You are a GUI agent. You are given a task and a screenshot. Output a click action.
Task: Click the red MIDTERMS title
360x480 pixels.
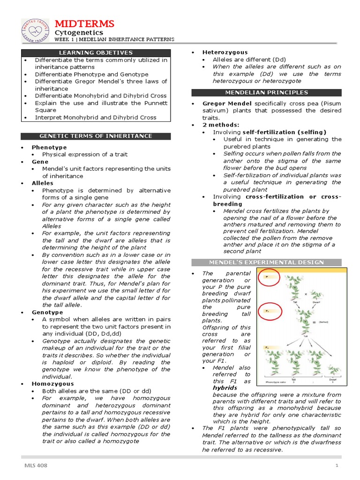click(x=84, y=23)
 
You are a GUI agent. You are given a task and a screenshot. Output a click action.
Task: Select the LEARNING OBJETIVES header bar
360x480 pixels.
click(x=95, y=52)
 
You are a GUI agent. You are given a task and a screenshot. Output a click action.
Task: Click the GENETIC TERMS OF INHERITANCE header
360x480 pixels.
click(x=95, y=136)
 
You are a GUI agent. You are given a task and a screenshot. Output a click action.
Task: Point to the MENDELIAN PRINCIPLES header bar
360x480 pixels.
click(x=266, y=92)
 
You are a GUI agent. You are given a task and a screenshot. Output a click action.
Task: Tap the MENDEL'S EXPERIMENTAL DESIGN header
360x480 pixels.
click(x=266, y=262)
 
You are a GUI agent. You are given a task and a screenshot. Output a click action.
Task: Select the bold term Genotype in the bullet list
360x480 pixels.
click(x=47, y=312)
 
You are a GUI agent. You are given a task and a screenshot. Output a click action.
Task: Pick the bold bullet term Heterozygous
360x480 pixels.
click(x=225, y=52)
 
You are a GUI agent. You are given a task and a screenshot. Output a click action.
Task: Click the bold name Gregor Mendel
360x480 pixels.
click(x=227, y=103)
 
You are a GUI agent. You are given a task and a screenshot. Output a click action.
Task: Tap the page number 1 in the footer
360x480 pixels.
click(x=337, y=465)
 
